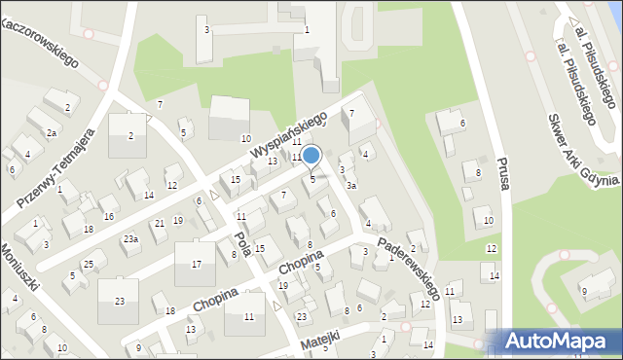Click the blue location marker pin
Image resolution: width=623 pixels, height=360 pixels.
point(311,156)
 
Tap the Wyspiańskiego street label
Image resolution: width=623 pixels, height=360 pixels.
point(288,138)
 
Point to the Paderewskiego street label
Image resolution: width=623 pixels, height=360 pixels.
point(410,265)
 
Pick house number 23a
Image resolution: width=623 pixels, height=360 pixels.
point(130,238)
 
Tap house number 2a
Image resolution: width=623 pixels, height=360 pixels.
point(52,132)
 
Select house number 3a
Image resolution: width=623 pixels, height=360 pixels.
point(351,185)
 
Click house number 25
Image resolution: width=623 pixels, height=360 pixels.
point(88,265)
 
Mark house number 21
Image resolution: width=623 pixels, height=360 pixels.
point(159,224)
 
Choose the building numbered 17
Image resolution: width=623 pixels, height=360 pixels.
point(196,264)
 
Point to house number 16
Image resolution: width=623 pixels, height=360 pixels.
point(109,216)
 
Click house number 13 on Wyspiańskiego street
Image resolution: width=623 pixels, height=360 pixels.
point(274,162)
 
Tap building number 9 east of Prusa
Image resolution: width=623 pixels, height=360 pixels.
point(584,291)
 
